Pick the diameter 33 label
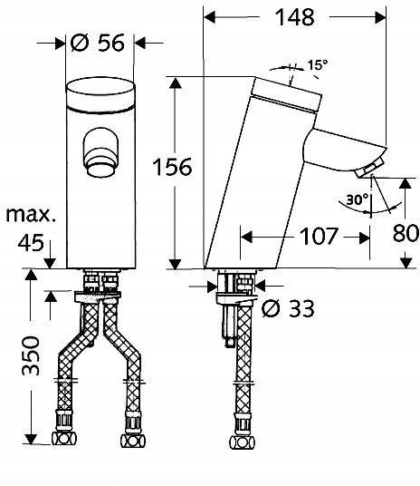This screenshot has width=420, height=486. click(x=289, y=309)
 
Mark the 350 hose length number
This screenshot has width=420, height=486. click(x=31, y=363)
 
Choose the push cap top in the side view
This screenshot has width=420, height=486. click(x=287, y=89)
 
